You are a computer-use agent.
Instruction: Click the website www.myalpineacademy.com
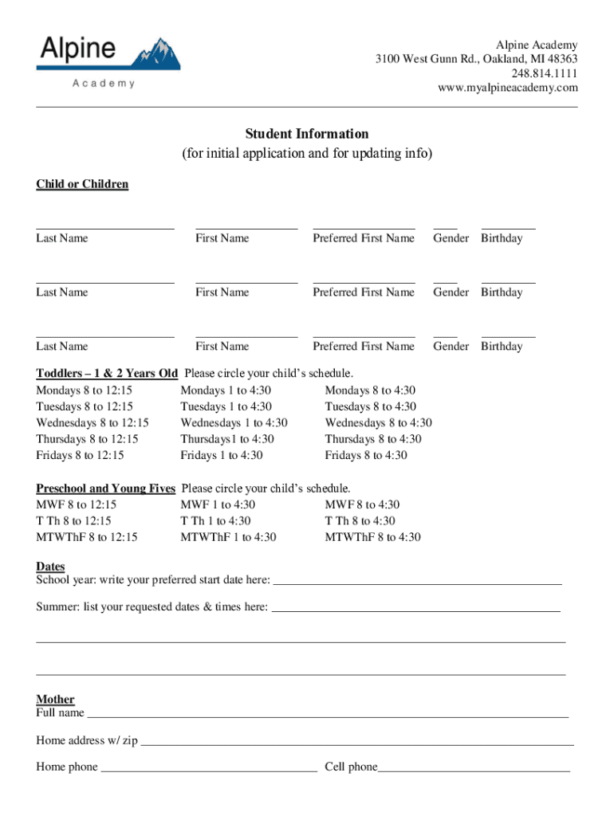(x=507, y=88)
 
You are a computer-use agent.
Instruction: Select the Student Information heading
(x=306, y=134)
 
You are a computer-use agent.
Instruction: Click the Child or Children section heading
(x=82, y=184)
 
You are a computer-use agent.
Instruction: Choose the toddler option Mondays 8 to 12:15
(x=84, y=390)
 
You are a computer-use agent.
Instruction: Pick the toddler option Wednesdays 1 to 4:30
(x=234, y=423)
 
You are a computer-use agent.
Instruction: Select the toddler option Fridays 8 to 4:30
(x=365, y=456)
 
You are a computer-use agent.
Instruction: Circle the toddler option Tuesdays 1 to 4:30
(x=226, y=407)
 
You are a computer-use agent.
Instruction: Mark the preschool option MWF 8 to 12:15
(x=76, y=504)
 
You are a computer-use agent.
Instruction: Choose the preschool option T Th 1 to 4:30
(x=215, y=521)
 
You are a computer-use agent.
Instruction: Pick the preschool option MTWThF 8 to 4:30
(x=372, y=537)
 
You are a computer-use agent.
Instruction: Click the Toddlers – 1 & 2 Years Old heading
(x=107, y=373)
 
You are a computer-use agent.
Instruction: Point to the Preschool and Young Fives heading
(x=105, y=488)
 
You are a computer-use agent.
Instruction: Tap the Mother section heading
(x=55, y=700)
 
